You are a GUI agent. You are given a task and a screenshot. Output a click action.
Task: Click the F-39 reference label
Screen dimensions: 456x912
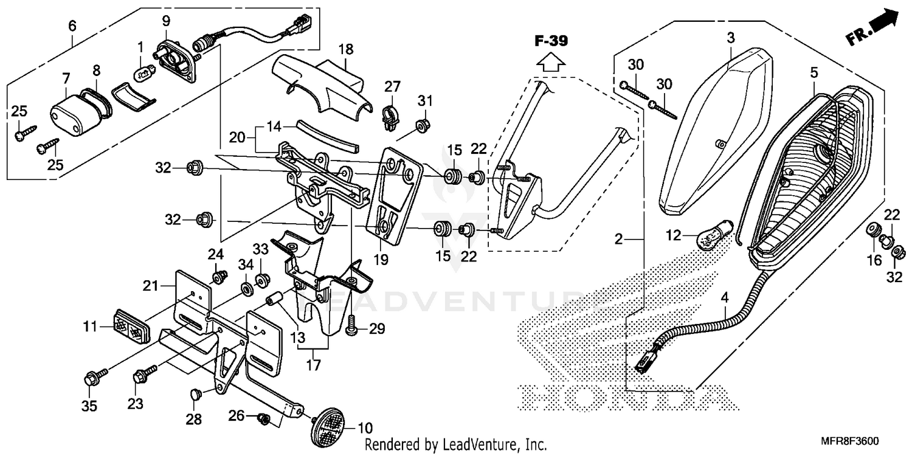(551, 42)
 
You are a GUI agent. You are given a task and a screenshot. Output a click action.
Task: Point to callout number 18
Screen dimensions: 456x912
(345, 49)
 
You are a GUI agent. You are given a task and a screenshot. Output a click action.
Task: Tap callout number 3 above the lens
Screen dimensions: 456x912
(731, 38)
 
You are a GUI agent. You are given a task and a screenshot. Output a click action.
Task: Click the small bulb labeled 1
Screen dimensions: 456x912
(142, 74)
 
